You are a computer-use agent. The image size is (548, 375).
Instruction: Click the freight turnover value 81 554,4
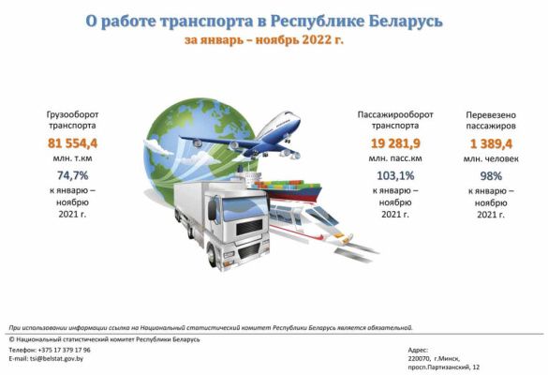(73, 143)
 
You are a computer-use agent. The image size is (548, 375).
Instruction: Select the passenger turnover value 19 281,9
(395, 143)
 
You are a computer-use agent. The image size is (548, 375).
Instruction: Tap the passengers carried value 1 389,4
(491, 143)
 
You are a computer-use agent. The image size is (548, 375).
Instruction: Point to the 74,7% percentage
(73, 175)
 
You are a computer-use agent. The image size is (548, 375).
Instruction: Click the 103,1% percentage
(395, 175)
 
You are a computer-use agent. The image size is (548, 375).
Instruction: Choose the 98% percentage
(491, 176)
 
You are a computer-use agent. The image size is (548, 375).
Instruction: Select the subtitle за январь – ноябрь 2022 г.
(264, 40)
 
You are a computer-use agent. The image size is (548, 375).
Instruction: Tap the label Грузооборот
(73, 115)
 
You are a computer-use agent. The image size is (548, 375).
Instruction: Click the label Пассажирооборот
(395, 114)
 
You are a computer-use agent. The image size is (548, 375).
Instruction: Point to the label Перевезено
(491, 115)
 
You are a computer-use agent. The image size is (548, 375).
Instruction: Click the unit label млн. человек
(491, 159)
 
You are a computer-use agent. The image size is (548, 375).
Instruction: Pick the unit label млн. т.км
(73, 158)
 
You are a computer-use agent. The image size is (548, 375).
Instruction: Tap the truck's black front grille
(249, 228)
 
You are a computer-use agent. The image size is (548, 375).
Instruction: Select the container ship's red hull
(293, 194)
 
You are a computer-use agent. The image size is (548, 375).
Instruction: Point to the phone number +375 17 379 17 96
(65, 350)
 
